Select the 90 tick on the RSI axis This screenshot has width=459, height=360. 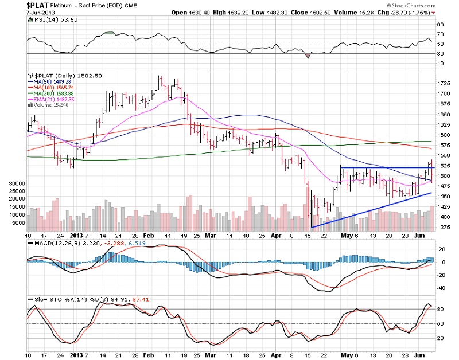click(x=439, y=25)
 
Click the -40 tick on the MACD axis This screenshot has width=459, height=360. click(x=441, y=288)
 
